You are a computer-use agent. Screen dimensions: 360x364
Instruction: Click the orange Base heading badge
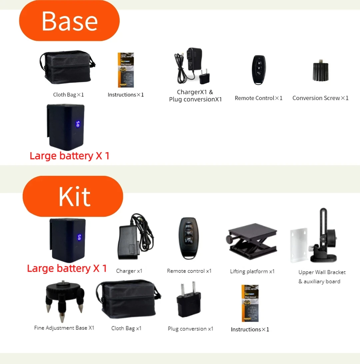(69, 21)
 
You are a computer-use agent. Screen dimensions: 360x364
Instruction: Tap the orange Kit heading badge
(73, 196)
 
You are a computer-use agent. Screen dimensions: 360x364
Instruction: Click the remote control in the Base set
(259, 70)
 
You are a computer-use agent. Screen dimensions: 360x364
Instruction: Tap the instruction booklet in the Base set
(126, 70)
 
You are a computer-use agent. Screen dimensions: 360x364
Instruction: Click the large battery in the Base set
(66, 126)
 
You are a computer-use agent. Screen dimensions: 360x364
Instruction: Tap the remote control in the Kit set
(189, 238)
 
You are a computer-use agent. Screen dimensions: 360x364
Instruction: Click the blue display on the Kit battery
(79, 237)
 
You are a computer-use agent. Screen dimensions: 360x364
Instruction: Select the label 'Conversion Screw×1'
(320, 98)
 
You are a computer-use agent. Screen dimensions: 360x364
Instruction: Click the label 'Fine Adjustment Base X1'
(64, 328)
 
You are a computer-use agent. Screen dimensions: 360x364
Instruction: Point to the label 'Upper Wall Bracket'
(322, 272)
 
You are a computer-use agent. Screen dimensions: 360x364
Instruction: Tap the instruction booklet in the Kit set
(250, 303)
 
